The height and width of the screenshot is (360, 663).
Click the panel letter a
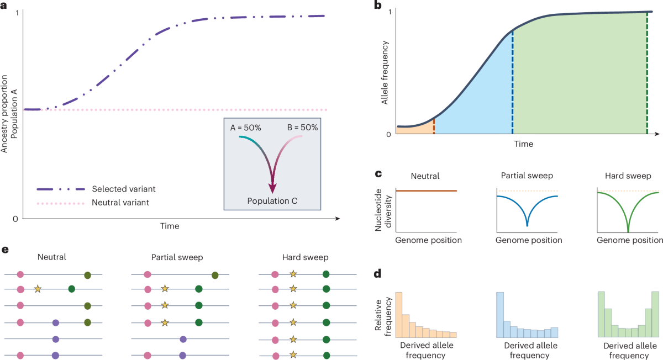(x=3, y=6)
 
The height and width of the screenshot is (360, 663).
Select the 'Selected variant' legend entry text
(x=123, y=189)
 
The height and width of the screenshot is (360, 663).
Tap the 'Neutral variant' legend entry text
(x=120, y=202)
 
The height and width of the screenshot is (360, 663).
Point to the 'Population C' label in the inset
(x=272, y=201)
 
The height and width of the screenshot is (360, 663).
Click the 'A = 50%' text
(x=245, y=128)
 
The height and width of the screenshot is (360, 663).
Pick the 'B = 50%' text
(x=302, y=128)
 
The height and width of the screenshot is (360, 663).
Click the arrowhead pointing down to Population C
(x=272, y=188)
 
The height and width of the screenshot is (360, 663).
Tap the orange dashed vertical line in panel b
(x=434, y=126)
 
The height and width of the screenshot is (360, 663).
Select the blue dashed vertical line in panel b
(x=512, y=82)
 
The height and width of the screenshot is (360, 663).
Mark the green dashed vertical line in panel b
(x=647, y=73)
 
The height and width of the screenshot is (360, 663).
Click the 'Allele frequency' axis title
(x=385, y=73)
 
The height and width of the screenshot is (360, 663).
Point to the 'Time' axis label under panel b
(x=523, y=144)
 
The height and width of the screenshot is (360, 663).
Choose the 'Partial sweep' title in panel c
(x=527, y=176)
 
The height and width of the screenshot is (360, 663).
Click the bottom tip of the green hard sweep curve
(x=628, y=231)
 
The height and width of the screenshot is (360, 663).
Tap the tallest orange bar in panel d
(x=399, y=315)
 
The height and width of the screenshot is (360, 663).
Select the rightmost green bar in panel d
(x=655, y=314)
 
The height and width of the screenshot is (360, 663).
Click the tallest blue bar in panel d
(x=500, y=315)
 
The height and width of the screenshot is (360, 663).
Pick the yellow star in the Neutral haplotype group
(x=38, y=289)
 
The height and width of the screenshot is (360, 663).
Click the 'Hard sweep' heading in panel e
(x=305, y=257)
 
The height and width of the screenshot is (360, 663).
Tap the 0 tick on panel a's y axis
(x=15, y=219)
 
